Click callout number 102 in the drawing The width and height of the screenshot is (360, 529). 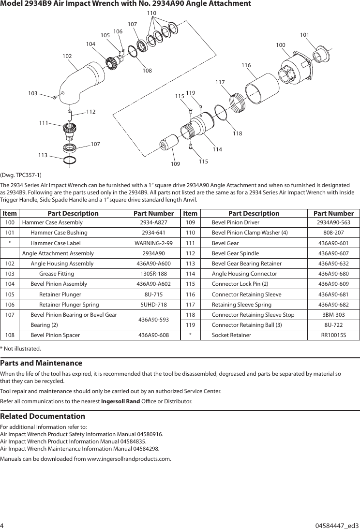coord(67,56)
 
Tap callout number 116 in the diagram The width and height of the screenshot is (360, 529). coord(246,65)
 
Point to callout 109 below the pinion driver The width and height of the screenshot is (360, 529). coord(175,164)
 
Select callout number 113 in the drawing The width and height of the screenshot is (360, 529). coord(43,155)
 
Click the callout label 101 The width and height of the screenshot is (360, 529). coord(305,35)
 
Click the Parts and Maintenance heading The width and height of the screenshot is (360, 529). coord(41,363)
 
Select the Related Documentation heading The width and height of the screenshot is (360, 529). coord(43,416)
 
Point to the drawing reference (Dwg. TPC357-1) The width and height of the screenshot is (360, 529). coord(21,175)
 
